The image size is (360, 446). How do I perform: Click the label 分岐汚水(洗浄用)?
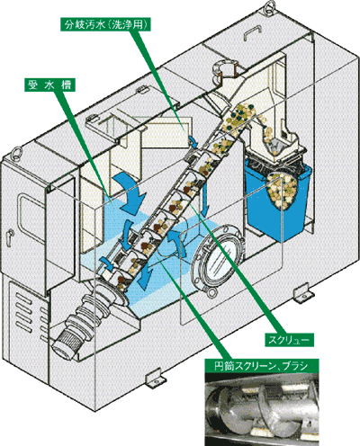(106, 24)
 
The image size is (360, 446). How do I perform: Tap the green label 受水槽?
(49, 85)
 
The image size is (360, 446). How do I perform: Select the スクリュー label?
(289, 340)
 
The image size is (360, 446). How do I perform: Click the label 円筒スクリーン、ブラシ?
(262, 366)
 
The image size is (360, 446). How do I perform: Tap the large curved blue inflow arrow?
(129, 192)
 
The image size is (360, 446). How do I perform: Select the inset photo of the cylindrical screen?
(262, 409)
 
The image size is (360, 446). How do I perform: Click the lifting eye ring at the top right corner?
(269, 5)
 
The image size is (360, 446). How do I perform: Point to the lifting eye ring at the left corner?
(17, 152)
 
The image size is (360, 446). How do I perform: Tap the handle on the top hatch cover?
(253, 32)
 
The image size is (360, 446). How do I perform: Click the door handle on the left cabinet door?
(10, 236)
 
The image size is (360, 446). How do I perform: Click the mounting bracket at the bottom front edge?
(155, 380)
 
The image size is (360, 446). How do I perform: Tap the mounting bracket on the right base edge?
(303, 293)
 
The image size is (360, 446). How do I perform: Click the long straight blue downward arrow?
(206, 199)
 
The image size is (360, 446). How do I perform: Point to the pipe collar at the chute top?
(224, 71)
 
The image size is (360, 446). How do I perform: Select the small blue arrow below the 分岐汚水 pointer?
(193, 142)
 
